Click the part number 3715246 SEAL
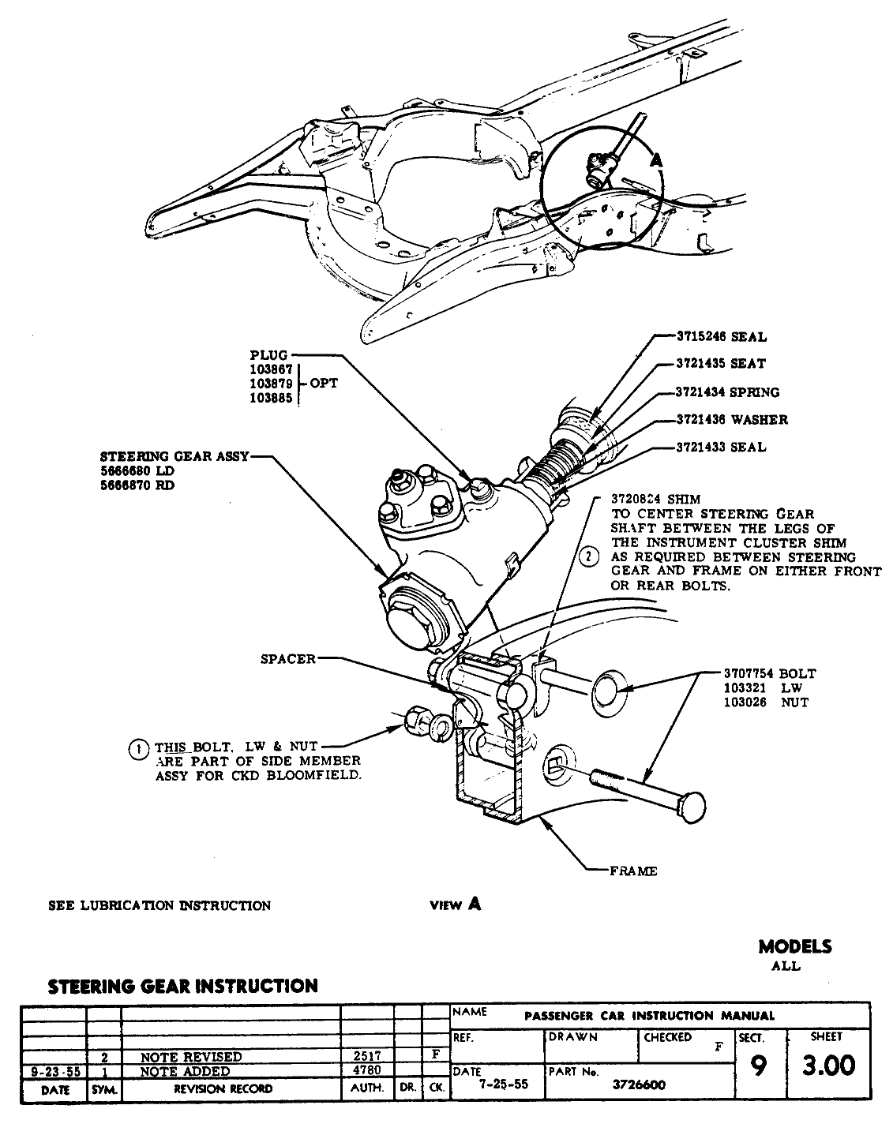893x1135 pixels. click(x=721, y=337)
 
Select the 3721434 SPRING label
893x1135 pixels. click(x=726, y=392)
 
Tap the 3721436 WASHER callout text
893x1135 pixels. click(x=731, y=420)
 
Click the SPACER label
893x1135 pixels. click(x=288, y=659)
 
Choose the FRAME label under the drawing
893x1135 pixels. click(x=633, y=871)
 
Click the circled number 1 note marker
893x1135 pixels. click(x=138, y=747)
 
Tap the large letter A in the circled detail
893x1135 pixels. click(x=656, y=159)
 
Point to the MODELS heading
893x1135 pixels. click(x=794, y=946)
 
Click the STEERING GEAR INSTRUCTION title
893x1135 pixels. click(x=183, y=986)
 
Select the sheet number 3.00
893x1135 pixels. click(x=828, y=1066)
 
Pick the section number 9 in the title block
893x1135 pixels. click(x=758, y=1066)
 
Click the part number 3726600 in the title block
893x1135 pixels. click(x=640, y=1084)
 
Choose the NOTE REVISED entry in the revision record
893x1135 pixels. click(x=191, y=1056)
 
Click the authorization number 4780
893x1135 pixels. click(x=366, y=1071)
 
